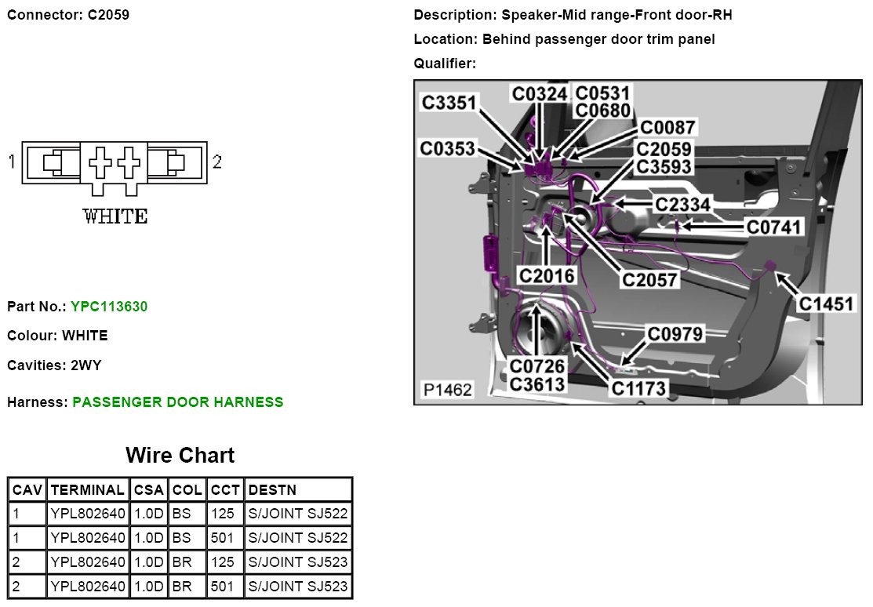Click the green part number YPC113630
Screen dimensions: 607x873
point(109,306)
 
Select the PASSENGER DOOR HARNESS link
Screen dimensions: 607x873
point(177,402)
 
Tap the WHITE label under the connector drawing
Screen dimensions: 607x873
point(115,216)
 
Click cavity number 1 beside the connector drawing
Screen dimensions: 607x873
point(12,162)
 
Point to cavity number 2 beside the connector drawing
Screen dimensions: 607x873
point(217,162)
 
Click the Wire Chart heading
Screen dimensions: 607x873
point(180,455)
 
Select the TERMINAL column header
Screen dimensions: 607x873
point(87,490)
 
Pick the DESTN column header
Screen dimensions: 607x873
point(272,490)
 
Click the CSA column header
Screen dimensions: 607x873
point(148,490)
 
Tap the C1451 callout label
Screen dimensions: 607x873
point(827,303)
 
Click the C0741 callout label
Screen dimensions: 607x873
point(775,227)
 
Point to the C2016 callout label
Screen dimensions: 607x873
point(547,275)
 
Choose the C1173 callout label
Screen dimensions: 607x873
point(638,387)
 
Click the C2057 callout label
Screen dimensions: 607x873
point(650,279)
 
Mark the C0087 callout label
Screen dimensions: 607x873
point(667,128)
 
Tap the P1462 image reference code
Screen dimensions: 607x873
point(448,390)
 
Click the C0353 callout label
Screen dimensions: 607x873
point(448,148)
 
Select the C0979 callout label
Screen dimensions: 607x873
point(675,334)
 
